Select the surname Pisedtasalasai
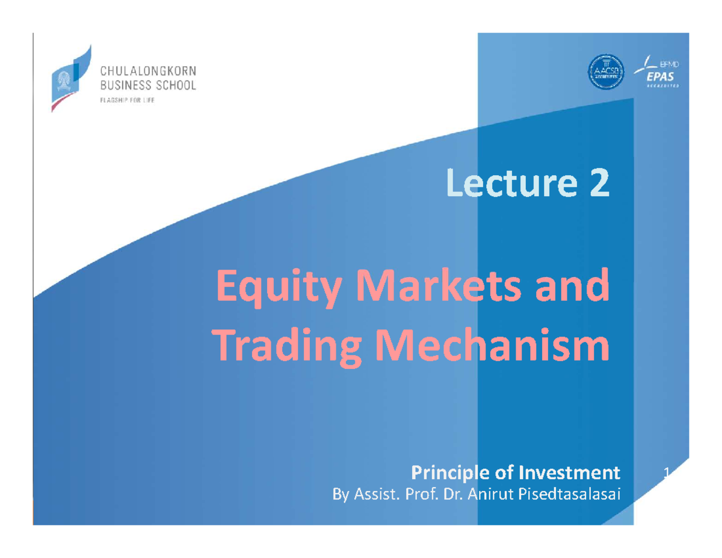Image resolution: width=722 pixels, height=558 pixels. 566,494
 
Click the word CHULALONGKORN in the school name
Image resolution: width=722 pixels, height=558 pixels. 147,72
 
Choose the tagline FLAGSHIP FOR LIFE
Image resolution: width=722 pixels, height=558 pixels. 128,101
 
